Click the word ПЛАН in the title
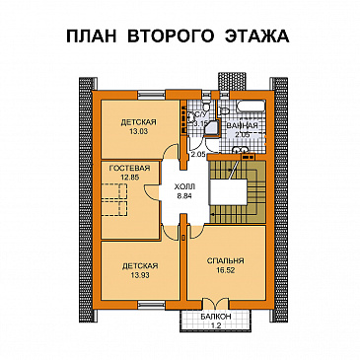coord(96,37)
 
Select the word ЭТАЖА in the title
coord(254,37)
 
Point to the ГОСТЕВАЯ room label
coord(129,169)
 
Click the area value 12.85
coord(129,179)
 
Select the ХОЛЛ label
coord(184,185)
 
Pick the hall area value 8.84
coord(184,195)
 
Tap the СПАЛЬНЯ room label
coord(226,260)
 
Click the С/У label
coord(196,115)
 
